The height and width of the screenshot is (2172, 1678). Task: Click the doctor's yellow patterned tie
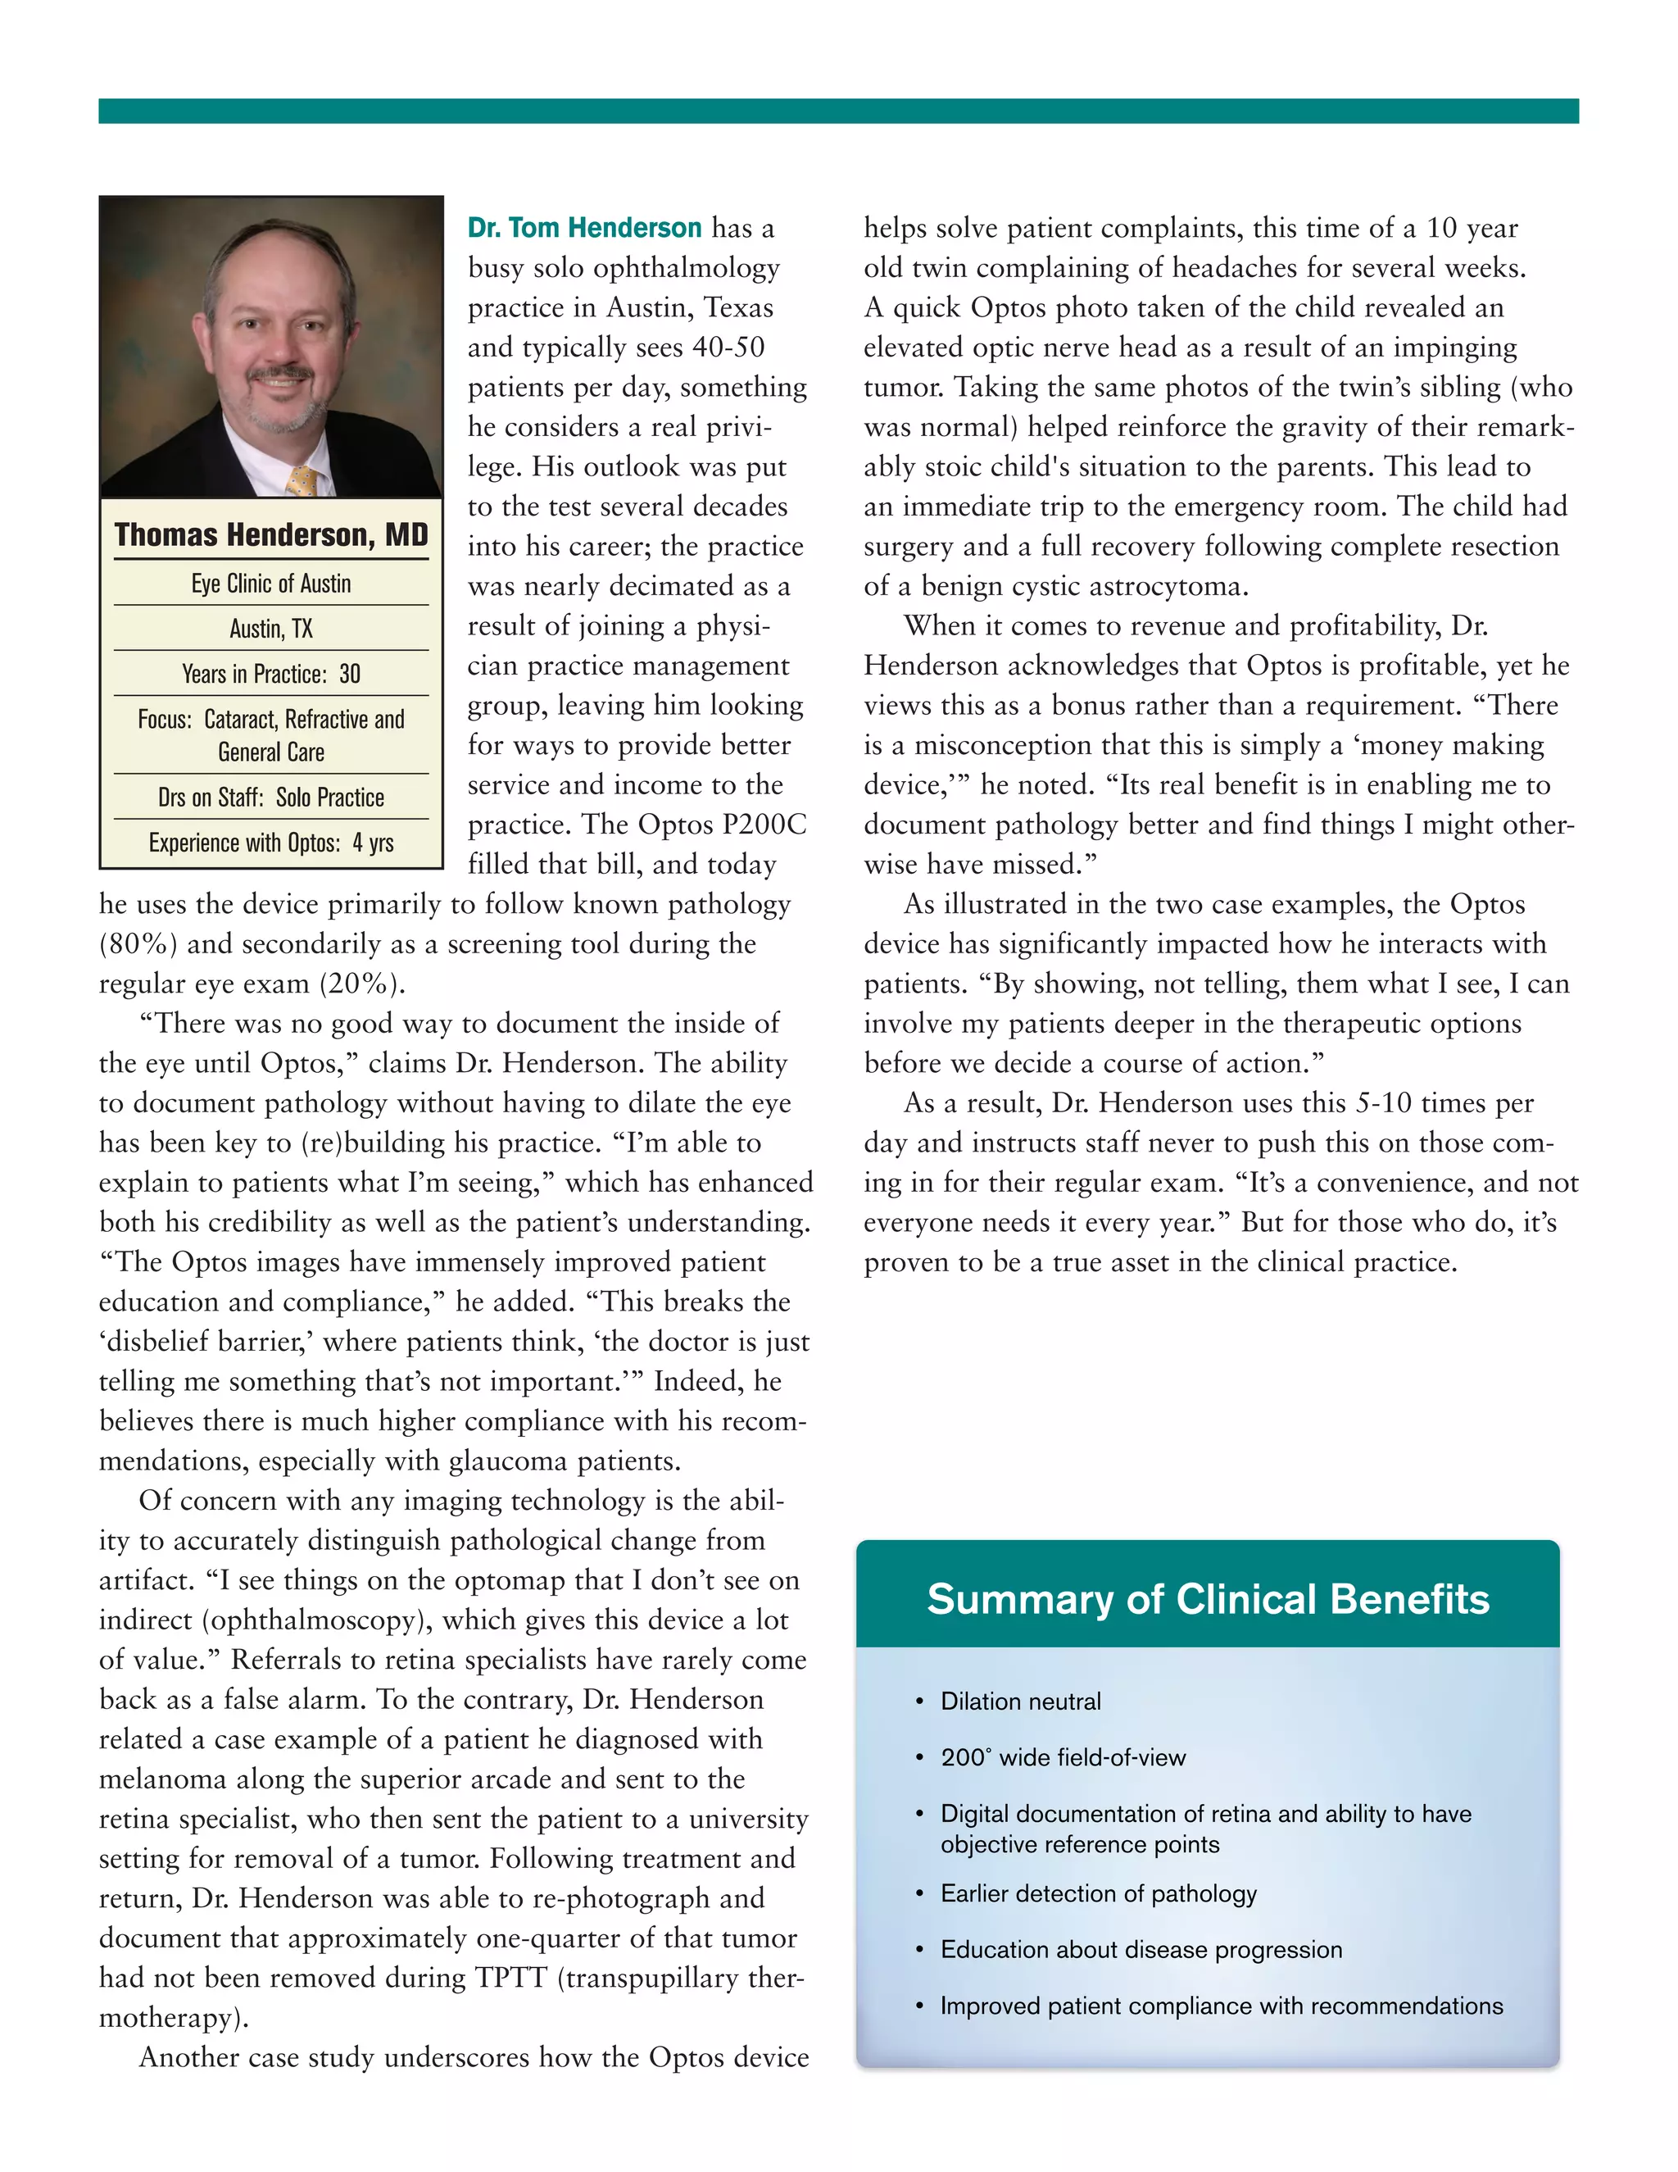pos(302,481)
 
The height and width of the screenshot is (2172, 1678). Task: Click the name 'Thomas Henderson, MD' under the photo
pos(270,535)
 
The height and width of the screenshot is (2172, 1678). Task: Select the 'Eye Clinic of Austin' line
pos(270,584)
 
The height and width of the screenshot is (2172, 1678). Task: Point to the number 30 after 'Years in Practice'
pos(350,675)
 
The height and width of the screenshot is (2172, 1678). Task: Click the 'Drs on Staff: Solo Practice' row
pos(270,797)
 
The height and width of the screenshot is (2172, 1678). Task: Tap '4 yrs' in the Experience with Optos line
pos(373,843)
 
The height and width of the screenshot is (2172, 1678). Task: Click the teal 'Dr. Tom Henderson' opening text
pos(584,228)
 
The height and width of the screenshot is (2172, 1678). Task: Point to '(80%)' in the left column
pos(138,943)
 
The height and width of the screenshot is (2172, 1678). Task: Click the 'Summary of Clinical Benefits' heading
pos(1207,1599)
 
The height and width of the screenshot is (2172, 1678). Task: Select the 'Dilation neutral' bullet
pos(1020,1702)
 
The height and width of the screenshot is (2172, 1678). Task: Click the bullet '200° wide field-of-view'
pos(1063,1757)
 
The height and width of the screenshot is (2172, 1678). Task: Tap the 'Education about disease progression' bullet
pos(1141,1949)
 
